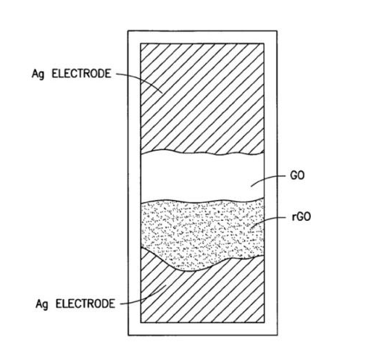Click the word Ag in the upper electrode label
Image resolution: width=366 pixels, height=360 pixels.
tap(38, 74)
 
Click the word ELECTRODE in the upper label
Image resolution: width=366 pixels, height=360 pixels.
tap(81, 73)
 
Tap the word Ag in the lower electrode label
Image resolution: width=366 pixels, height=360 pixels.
tap(41, 304)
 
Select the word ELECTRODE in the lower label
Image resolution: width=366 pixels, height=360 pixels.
tap(86, 304)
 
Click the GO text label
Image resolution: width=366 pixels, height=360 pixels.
tap(297, 175)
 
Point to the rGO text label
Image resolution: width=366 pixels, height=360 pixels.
tap(301, 217)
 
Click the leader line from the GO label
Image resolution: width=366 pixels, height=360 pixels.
tap(267, 179)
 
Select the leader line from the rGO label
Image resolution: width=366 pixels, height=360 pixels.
tap(267, 220)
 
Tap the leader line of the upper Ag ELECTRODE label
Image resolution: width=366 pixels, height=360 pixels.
tap(143, 79)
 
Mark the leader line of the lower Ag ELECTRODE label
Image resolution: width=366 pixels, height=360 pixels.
tap(145, 298)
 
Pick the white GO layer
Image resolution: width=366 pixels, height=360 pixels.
tap(202, 177)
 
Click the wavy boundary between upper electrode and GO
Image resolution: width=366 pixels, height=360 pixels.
tap(202, 153)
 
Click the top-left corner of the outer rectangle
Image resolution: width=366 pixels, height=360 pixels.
tap(128, 31)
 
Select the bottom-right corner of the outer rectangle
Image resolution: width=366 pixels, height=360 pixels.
tap(277, 335)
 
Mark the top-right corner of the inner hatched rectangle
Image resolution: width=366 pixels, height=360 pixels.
tap(264, 43)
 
